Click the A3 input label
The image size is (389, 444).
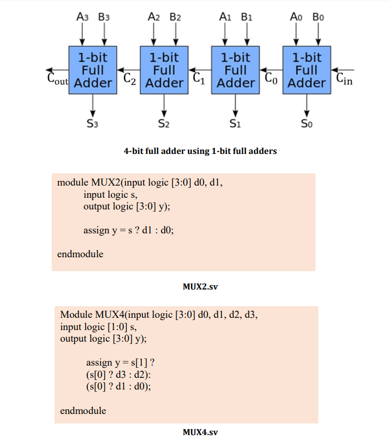[x=82, y=17]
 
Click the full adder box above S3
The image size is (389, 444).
[x=93, y=70]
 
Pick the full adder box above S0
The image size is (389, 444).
[x=307, y=70]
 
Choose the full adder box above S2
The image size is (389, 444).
[x=164, y=70]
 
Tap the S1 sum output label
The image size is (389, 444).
[x=235, y=123]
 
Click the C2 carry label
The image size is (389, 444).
[x=129, y=78]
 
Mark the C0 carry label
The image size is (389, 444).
[x=271, y=78]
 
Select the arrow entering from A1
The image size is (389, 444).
[x=225, y=34]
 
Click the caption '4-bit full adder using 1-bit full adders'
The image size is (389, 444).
[x=200, y=151]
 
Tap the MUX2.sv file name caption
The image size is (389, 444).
[x=200, y=287]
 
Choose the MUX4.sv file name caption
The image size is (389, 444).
[x=200, y=431]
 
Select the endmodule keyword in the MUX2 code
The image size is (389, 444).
[x=80, y=254]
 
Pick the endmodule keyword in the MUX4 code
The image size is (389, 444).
[x=83, y=411]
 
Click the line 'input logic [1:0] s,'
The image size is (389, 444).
[x=97, y=327]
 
